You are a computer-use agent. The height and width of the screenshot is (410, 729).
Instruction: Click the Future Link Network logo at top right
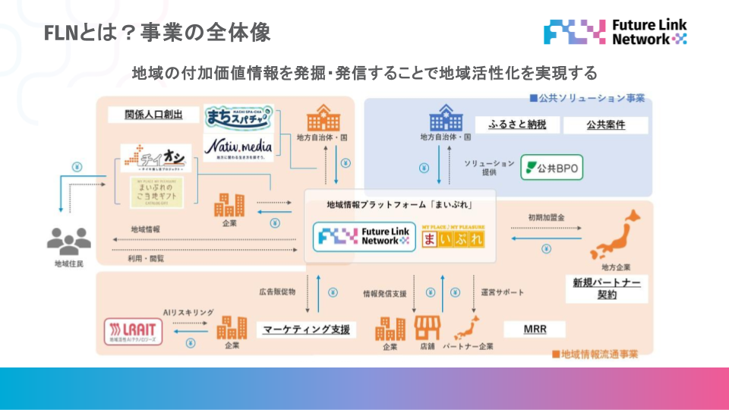(x=615, y=31)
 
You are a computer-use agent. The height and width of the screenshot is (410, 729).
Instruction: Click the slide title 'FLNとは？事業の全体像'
(x=157, y=33)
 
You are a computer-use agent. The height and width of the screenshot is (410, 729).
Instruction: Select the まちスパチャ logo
(x=238, y=118)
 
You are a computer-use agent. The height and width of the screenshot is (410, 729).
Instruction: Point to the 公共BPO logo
(x=552, y=167)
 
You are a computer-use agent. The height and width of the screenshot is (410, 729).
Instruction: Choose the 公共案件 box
(x=605, y=125)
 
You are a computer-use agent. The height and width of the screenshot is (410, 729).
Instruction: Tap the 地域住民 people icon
(x=68, y=241)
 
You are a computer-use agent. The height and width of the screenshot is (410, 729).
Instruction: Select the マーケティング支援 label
(x=307, y=330)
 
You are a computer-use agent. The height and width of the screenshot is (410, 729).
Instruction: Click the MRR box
(x=535, y=330)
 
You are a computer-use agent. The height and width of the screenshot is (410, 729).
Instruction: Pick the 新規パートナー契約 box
(x=606, y=288)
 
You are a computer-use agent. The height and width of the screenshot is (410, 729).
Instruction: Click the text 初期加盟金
(x=547, y=217)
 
